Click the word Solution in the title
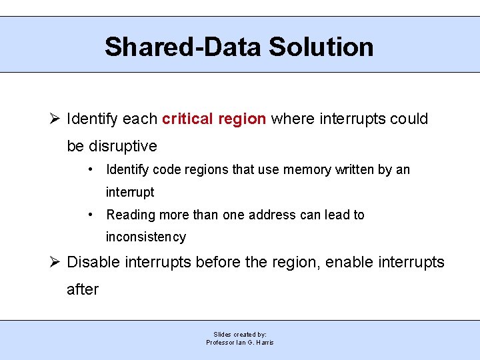pos(321,47)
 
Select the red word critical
pos(187,119)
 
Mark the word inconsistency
pos(146,237)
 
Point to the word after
pos(83,289)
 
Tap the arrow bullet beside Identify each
pos(56,119)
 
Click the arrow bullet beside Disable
pos(56,263)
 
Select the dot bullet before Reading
pos(91,215)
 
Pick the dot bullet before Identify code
pos(91,169)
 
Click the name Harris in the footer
pos(263,343)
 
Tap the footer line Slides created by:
pos(240,334)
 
